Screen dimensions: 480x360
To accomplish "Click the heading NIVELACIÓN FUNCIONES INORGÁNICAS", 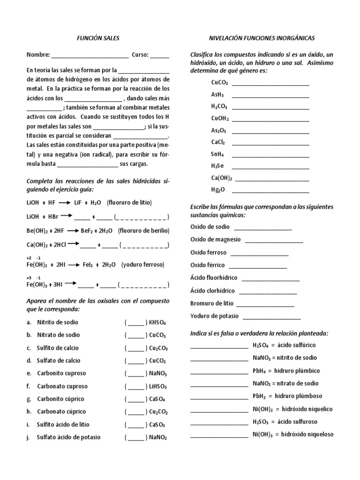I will coord(262,37).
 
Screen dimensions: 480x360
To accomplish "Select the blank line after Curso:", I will coord(160,55).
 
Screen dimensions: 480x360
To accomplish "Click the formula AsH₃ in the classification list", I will coord(217,94).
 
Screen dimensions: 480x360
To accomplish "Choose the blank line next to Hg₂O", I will coord(270,190).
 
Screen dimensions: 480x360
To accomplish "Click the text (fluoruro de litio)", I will coord(129,202).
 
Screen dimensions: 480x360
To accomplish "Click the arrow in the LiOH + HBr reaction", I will coord(65,216).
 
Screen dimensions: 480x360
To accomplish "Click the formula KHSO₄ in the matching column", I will coord(157,323).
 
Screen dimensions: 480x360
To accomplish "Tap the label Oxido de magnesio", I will coord(216,240).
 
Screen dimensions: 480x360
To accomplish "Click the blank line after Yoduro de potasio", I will coord(268,316).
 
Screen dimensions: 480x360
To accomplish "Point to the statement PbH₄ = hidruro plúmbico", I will coord(286,371).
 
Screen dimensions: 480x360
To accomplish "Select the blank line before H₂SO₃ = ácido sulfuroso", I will coord(219,421).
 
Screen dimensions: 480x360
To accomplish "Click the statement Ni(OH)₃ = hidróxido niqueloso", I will coord(292,435).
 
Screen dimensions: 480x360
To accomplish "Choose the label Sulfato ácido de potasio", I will coord(68,437).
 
